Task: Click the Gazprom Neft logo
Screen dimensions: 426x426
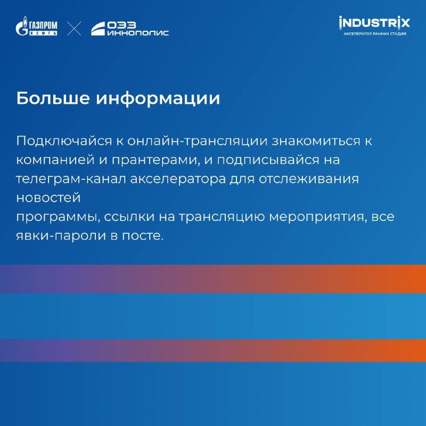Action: click(x=36, y=26)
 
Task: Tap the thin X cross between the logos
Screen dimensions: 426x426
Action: click(x=74, y=29)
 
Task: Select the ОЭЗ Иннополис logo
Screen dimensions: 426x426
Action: click(x=129, y=29)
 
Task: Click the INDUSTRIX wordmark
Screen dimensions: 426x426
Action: click(x=374, y=23)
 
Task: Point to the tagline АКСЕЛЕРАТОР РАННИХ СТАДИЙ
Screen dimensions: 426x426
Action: click(x=375, y=34)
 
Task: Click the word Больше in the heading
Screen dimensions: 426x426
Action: click(x=53, y=98)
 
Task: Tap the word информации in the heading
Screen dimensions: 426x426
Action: click(x=158, y=99)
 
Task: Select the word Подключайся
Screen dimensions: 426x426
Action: click(x=64, y=141)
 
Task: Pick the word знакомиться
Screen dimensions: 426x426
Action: click(x=316, y=141)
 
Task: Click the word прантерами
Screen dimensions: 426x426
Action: click(x=154, y=160)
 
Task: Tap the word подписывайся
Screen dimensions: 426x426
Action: click(x=268, y=160)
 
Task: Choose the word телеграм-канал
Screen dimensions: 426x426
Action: click(x=71, y=179)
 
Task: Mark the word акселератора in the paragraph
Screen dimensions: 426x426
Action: click(x=178, y=179)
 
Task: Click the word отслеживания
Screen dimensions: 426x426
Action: click(x=309, y=179)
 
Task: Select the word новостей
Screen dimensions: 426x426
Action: click(x=48, y=198)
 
